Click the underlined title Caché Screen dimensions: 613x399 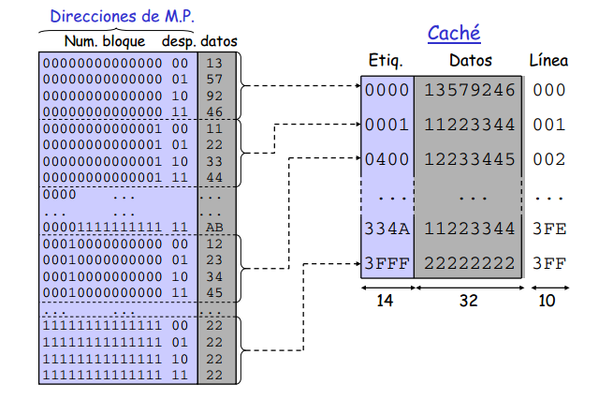(x=454, y=35)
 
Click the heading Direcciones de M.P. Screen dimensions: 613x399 (x=122, y=16)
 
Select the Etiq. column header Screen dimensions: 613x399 (x=385, y=62)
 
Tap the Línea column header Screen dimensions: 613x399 (x=548, y=62)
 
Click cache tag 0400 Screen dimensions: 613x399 (x=387, y=159)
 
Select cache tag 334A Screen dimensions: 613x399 (x=387, y=229)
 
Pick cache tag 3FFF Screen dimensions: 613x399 (x=387, y=263)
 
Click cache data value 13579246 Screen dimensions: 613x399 (x=470, y=90)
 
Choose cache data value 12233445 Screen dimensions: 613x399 (x=470, y=159)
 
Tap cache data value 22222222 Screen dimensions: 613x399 (x=470, y=263)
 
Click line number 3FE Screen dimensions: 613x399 (x=548, y=229)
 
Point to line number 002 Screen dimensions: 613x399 (x=548, y=159)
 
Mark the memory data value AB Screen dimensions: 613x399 (x=212, y=227)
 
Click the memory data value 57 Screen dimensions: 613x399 (x=212, y=79)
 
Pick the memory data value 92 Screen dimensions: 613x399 (x=212, y=96)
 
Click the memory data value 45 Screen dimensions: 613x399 (x=212, y=291)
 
